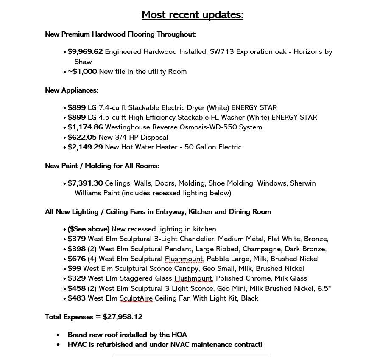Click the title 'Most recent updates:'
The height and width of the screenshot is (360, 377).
(x=192, y=15)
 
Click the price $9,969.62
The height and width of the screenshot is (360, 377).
(x=85, y=52)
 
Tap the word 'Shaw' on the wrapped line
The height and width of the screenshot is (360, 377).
(x=83, y=62)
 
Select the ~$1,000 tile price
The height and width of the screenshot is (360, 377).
(x=82, y=72)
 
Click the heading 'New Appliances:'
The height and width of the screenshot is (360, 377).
(x=71, y=90)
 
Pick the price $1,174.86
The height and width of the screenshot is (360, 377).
(x=85, y=127)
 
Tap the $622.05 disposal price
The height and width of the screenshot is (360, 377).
(x=82, y=138)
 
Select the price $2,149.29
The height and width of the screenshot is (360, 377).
(x=85, y=147)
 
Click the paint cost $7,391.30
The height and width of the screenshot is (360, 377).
(x=85, y=183)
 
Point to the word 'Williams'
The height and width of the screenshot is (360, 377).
(x=89, y=193)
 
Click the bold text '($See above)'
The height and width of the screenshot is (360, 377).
(x=88, y=229)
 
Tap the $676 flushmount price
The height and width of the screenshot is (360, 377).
(x=76, y=259)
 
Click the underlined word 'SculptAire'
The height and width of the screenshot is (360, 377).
(x=136, y=298)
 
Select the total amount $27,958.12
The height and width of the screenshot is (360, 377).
(x=123, y=317)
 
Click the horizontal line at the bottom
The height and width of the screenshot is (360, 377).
(x=192, y=356)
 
